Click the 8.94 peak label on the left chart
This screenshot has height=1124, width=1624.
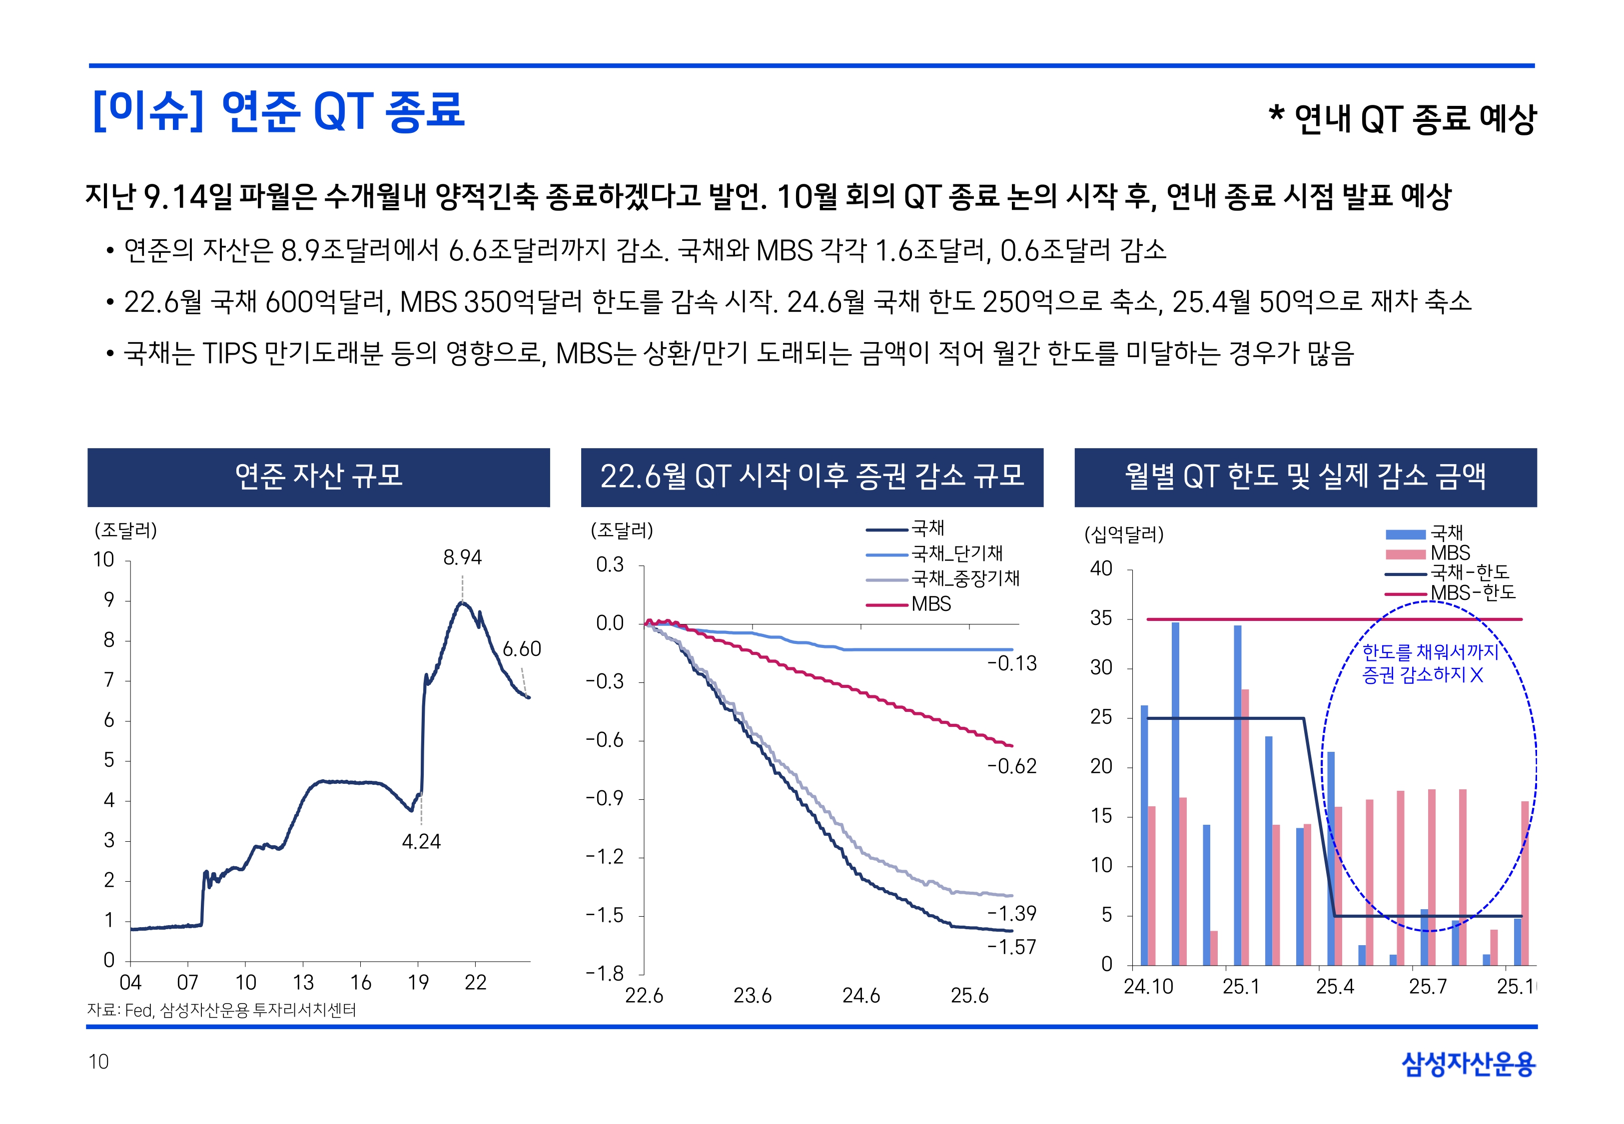point(462,558)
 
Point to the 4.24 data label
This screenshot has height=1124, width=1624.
point(421,842)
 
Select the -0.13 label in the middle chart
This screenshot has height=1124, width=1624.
point(1012,663)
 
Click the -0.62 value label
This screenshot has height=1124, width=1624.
point(1012,766)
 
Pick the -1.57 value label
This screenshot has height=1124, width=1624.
point(1012,947)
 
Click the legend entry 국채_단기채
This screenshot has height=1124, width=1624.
point(956,554)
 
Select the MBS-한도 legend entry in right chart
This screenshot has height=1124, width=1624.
point(1473,593)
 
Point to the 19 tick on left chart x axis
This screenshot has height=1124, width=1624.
point(418,983)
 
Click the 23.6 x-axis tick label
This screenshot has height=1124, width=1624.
point(752,996)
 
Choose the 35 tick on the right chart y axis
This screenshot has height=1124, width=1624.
point(1101,619)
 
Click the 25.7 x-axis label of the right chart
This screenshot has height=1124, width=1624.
point(1428,987)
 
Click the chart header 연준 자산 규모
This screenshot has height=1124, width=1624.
point(318,477)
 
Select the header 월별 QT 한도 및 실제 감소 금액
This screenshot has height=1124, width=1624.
point(1305,477)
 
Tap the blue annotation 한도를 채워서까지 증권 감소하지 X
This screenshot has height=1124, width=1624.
point(1429,663)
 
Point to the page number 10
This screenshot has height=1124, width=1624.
point(98,1062)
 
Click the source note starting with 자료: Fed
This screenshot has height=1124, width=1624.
point(221,1011)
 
